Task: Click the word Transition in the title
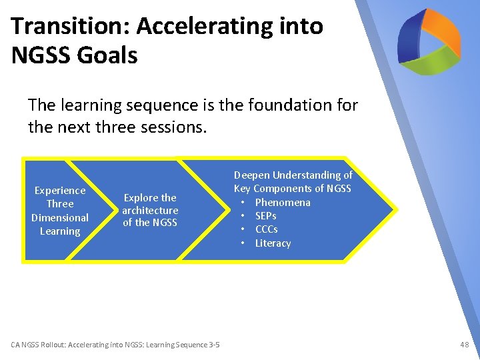59,27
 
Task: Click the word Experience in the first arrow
60,191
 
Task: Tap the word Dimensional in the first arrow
60,218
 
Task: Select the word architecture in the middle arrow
150,211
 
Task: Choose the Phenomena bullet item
283,203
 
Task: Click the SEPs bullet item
265,216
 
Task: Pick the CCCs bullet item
267,229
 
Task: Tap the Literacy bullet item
273,243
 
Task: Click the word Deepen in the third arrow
250,175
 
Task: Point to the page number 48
464,345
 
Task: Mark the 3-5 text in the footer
214,345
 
